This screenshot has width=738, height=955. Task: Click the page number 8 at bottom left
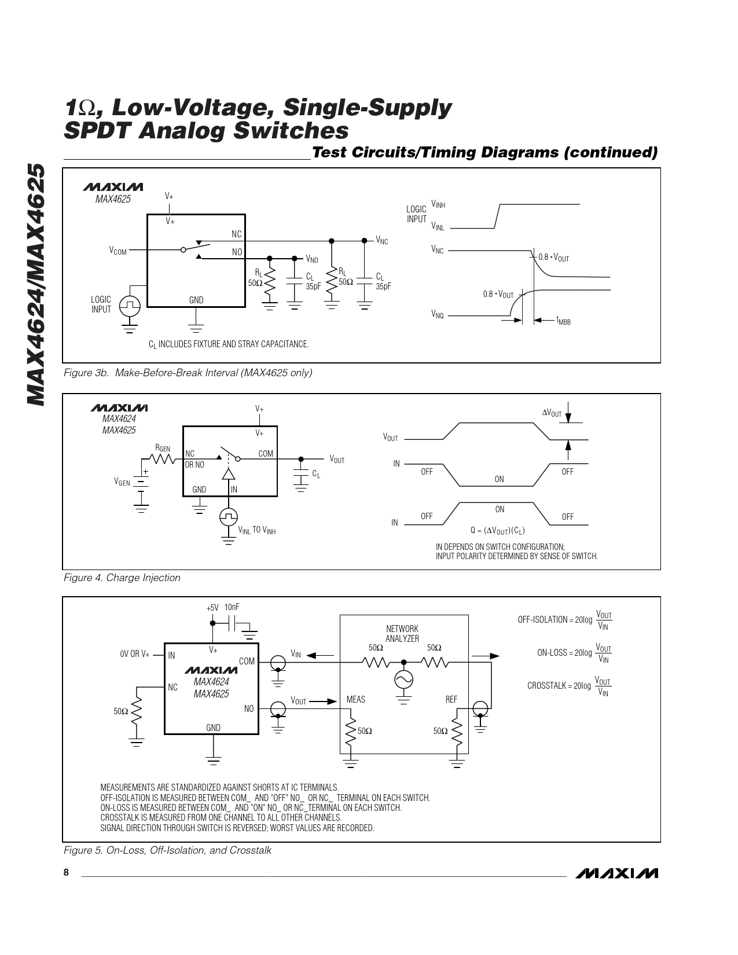[67, 872]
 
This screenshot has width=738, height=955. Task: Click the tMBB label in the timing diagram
[563, 321]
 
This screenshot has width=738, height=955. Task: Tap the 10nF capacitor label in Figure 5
[232, 607]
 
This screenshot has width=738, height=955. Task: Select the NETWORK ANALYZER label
[402, 633]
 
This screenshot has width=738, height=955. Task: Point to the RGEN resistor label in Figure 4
[163, 448]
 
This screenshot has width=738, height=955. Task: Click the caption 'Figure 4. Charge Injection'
[122, 578]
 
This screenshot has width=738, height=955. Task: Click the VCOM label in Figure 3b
[118, 251]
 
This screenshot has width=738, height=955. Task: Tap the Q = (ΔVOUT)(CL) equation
[498, 530]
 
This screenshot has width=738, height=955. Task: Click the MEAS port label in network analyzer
[356, 699]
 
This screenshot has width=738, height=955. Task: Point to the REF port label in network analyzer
[451, 699]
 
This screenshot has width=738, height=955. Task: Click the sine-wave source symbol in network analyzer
[403, 679]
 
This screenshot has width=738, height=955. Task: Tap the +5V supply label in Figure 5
[212, 608]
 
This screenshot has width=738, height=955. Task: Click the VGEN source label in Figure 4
[122, 482]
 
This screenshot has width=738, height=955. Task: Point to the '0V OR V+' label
[135, 654]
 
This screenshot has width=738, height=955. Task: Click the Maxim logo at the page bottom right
[617, 873]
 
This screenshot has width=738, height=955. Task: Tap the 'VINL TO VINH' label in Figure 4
[257, 530]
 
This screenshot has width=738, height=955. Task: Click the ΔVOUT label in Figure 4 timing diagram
[552, 413]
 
